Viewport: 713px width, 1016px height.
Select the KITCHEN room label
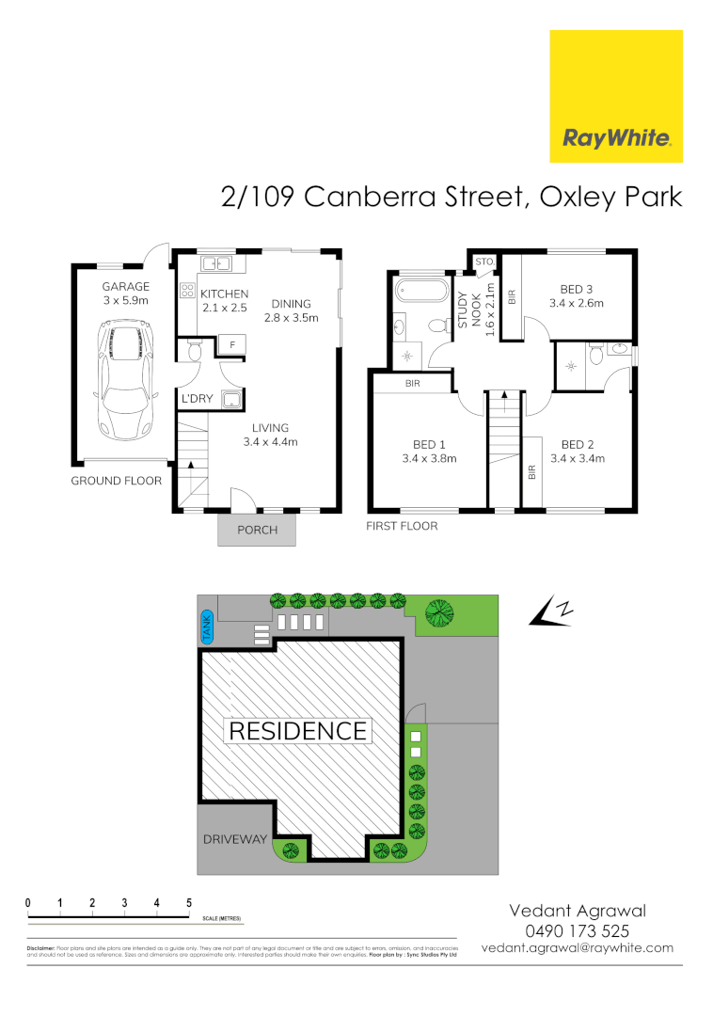225,294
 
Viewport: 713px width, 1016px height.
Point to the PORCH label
257,530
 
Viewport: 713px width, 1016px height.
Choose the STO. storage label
485,261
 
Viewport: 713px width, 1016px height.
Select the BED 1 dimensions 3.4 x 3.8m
429,459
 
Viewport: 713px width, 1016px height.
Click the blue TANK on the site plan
208,628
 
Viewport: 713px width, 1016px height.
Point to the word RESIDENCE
297,730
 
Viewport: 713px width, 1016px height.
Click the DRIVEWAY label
233,839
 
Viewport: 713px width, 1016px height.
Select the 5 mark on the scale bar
189,903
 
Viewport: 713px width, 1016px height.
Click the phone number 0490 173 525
577,930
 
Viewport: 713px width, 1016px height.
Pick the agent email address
577,948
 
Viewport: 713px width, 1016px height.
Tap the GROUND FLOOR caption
117,481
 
